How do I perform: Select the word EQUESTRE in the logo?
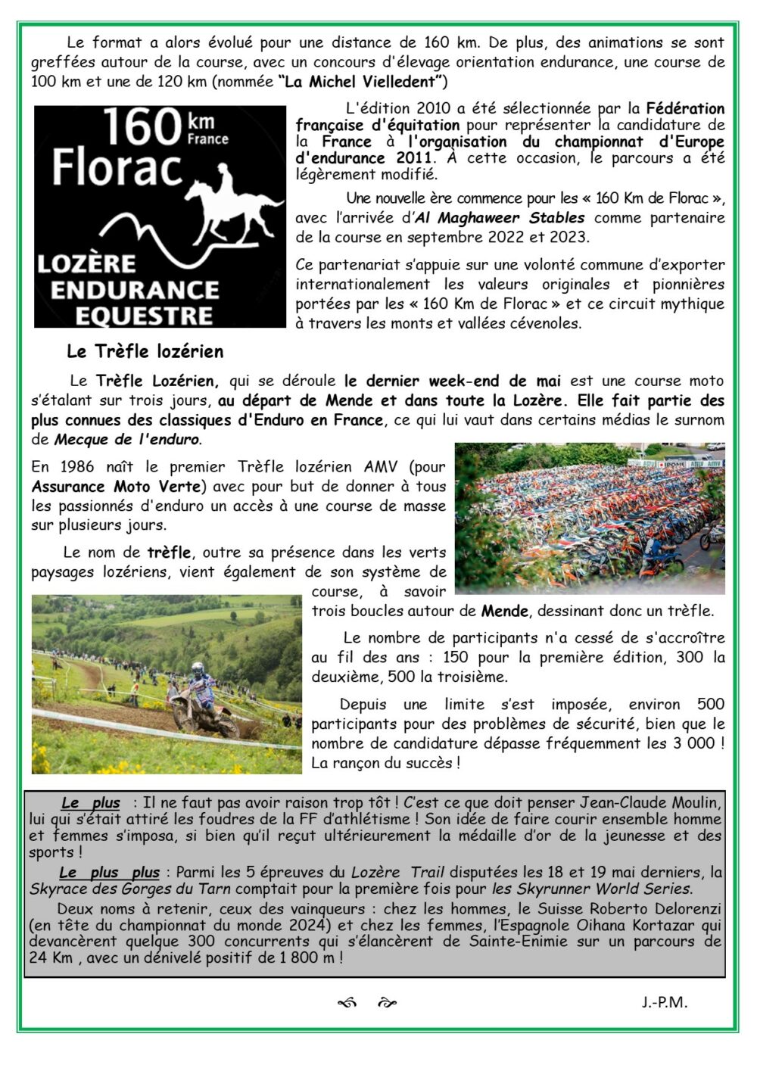tap(143, 316)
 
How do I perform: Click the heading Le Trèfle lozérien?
tap(145, 351)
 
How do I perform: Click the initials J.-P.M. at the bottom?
tap(664, 1002)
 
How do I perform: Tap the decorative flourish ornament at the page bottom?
tap(366, 1004)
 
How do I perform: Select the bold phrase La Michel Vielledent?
tap(363, 82)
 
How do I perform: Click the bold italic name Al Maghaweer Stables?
tap(500, 218)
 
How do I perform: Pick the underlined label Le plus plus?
tap(110, 872)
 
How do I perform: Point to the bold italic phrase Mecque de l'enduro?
tap(126, 439)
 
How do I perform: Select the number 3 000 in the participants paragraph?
tap(694, 743)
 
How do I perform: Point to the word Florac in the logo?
tap(117, 168)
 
